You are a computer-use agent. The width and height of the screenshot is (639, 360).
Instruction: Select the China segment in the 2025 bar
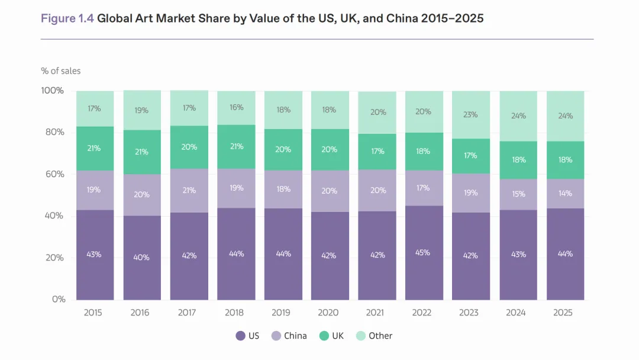(x=565, y=194)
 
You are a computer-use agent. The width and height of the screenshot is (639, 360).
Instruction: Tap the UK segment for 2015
(x=95, y=148)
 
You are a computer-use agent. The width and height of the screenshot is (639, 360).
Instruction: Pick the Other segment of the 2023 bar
(x=470, y=115)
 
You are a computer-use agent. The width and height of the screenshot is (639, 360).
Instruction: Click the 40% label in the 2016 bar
(x=141, y=258)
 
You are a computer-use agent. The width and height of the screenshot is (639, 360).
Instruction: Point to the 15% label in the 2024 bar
(x=518, y=194)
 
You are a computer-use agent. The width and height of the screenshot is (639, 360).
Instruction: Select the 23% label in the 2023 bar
(x=470, y=115)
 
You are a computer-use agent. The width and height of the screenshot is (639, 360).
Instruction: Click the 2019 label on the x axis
(x=282, y=313)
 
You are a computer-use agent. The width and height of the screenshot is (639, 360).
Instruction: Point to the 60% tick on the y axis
(x=54, y=174)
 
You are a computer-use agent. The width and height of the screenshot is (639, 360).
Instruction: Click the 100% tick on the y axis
(x=53, y=91)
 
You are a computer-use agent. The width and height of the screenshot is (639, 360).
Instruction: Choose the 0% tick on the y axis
(x=58, y=300)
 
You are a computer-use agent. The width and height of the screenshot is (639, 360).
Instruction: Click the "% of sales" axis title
(x=60, y=71)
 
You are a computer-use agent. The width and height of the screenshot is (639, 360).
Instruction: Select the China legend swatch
(x=276, y=336)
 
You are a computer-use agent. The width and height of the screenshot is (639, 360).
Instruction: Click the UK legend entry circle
(x=323, y=336)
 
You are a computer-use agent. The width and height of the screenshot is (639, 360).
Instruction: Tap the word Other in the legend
(x=380, y=336)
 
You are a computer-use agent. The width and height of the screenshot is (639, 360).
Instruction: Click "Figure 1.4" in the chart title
(x=67, y=18)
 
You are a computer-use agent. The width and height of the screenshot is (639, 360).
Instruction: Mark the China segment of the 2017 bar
(x=189, y=190)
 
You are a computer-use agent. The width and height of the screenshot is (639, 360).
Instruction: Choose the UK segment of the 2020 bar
(x=330, y=150)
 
